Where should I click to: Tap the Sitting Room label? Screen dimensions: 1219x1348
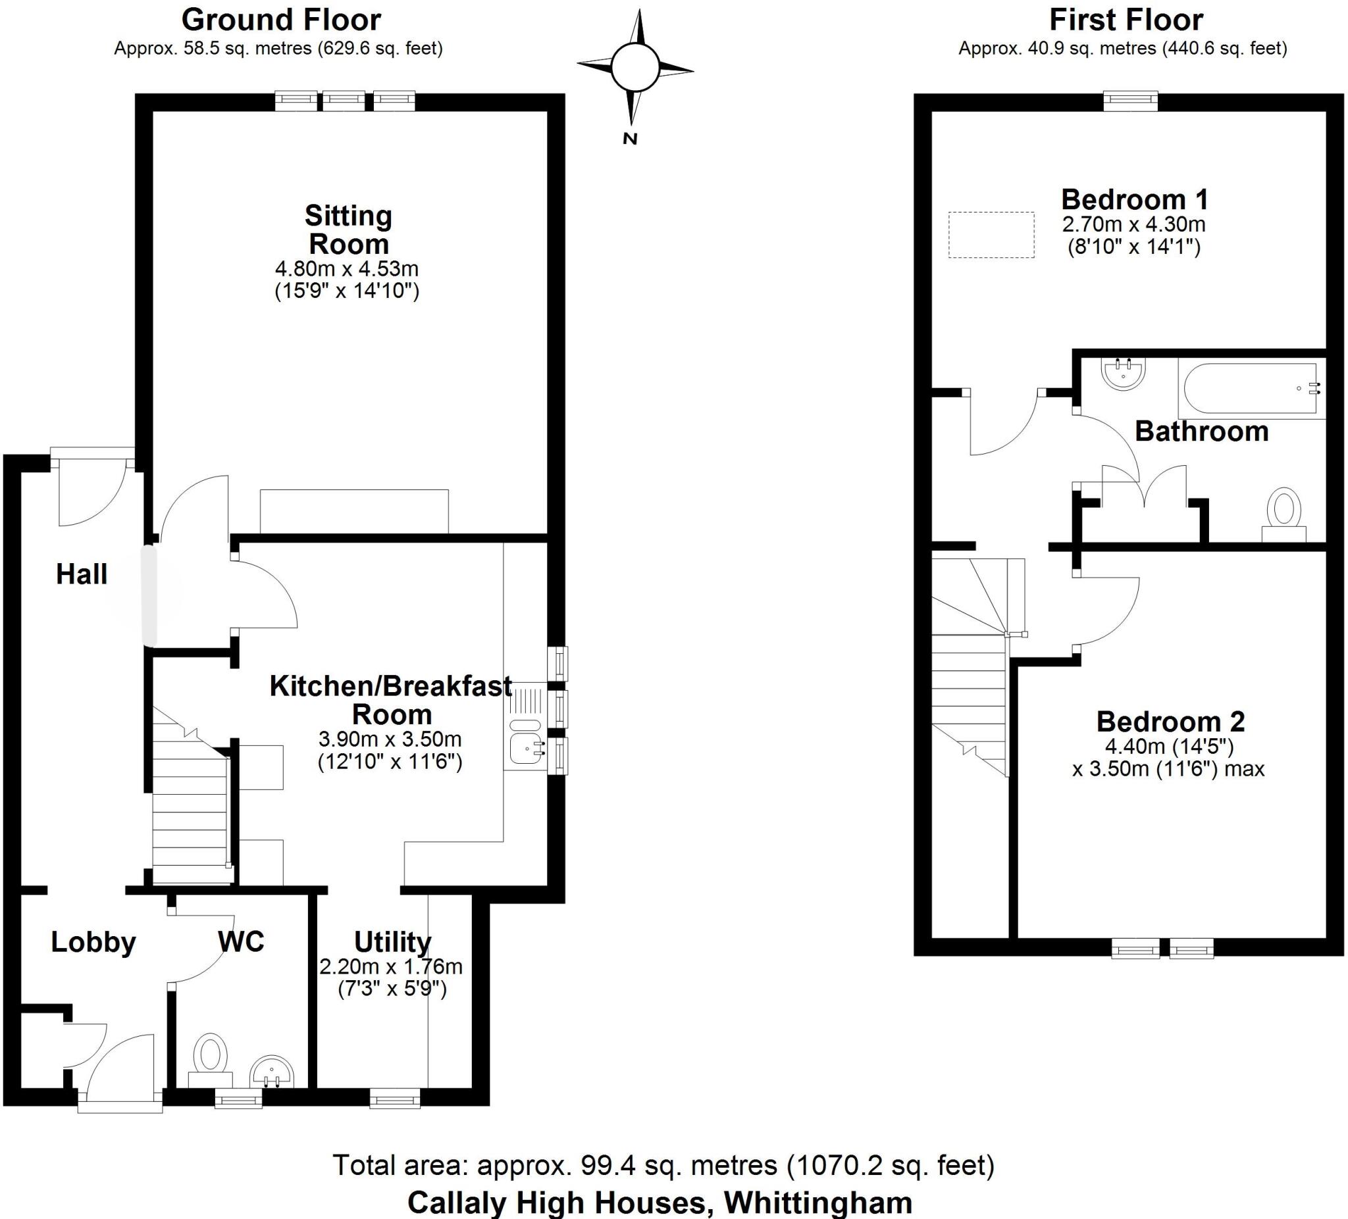(x=348, y=230)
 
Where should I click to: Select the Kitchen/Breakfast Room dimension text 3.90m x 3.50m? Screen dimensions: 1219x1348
(x=390, y=739)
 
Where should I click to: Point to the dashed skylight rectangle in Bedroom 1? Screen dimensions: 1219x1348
(x=991, y=235)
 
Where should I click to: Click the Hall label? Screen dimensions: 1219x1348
(x=82, y=575)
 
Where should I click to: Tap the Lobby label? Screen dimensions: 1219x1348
(x=93, y=942)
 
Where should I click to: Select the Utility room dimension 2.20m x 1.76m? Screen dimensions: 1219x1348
(x=391, y=966)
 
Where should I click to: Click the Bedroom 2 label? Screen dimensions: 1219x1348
(x=1170, y=722)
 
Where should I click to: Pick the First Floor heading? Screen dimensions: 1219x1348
(x=1126, y=20)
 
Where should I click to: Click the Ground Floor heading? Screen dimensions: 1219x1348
(x=281, y=20)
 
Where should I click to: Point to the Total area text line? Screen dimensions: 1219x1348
(x=663, y=1165)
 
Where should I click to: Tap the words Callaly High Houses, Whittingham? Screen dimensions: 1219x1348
(x=660, y=1203)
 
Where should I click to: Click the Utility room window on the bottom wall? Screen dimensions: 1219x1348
(x=394, y=1098)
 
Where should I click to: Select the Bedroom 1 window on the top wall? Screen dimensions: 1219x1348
(x=1130, y=101)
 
